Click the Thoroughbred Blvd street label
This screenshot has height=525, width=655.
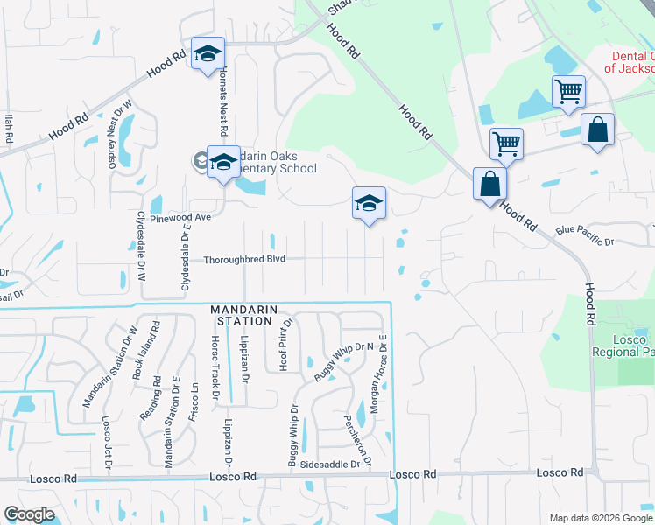(x=245, y=259)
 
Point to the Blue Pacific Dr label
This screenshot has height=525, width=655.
(x=585, y=236)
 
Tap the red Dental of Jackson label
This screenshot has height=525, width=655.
(x=632, y=61)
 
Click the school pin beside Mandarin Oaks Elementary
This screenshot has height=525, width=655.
(x=223, y=161)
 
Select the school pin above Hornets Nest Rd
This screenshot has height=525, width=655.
(x=208, y=53)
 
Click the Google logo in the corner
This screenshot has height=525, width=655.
(x=30, y=515)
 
